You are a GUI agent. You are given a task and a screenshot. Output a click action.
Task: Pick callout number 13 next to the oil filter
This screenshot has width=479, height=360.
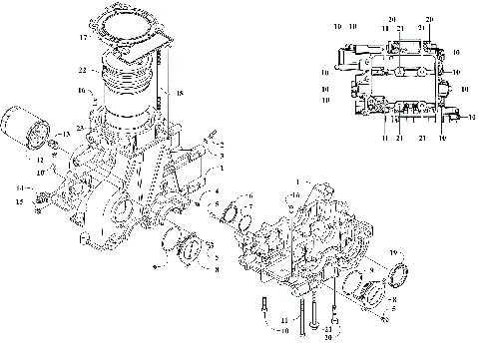[67, 134]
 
